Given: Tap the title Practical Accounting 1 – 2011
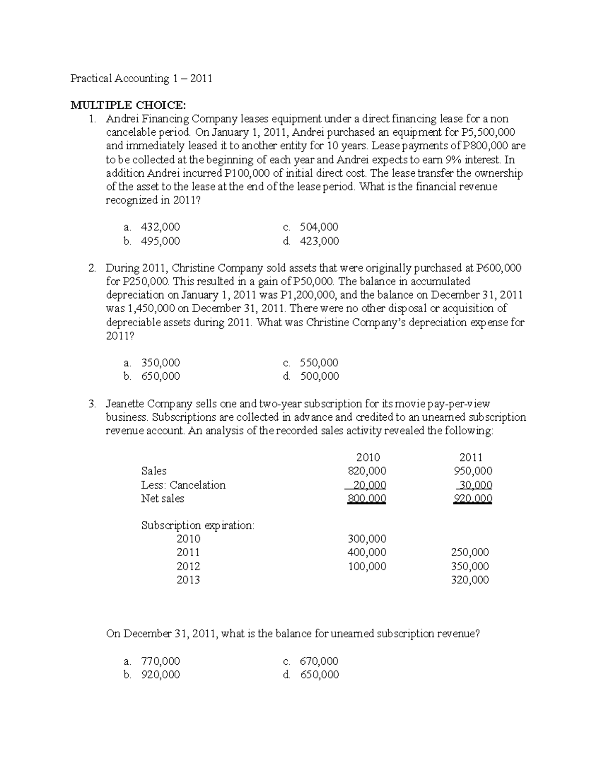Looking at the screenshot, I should click(x=141, y=78).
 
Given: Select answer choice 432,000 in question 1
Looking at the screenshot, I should click(x=160, y=227).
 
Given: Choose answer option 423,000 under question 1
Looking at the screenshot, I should click(x=319, y=241).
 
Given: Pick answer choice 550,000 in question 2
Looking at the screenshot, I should click(x=319, y=363).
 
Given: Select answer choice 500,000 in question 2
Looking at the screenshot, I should click(x=319, y=376).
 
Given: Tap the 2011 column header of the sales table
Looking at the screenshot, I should click(x=471, y=457).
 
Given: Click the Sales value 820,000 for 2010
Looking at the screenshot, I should click(x=367, y=471).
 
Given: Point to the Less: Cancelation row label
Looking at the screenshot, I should click(x=183, y=485).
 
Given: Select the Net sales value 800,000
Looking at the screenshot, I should click(x=367, y=498).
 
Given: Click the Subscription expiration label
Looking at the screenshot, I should click(x=198, y=526).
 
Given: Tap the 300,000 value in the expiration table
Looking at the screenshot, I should click(x=367, y=539).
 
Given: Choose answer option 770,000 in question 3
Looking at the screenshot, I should click(x=160, y=661).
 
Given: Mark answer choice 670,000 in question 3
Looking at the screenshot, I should click(x=319, y=661).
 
